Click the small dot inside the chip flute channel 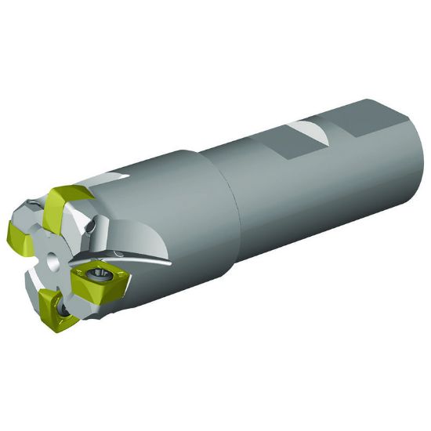click(115, 254)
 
